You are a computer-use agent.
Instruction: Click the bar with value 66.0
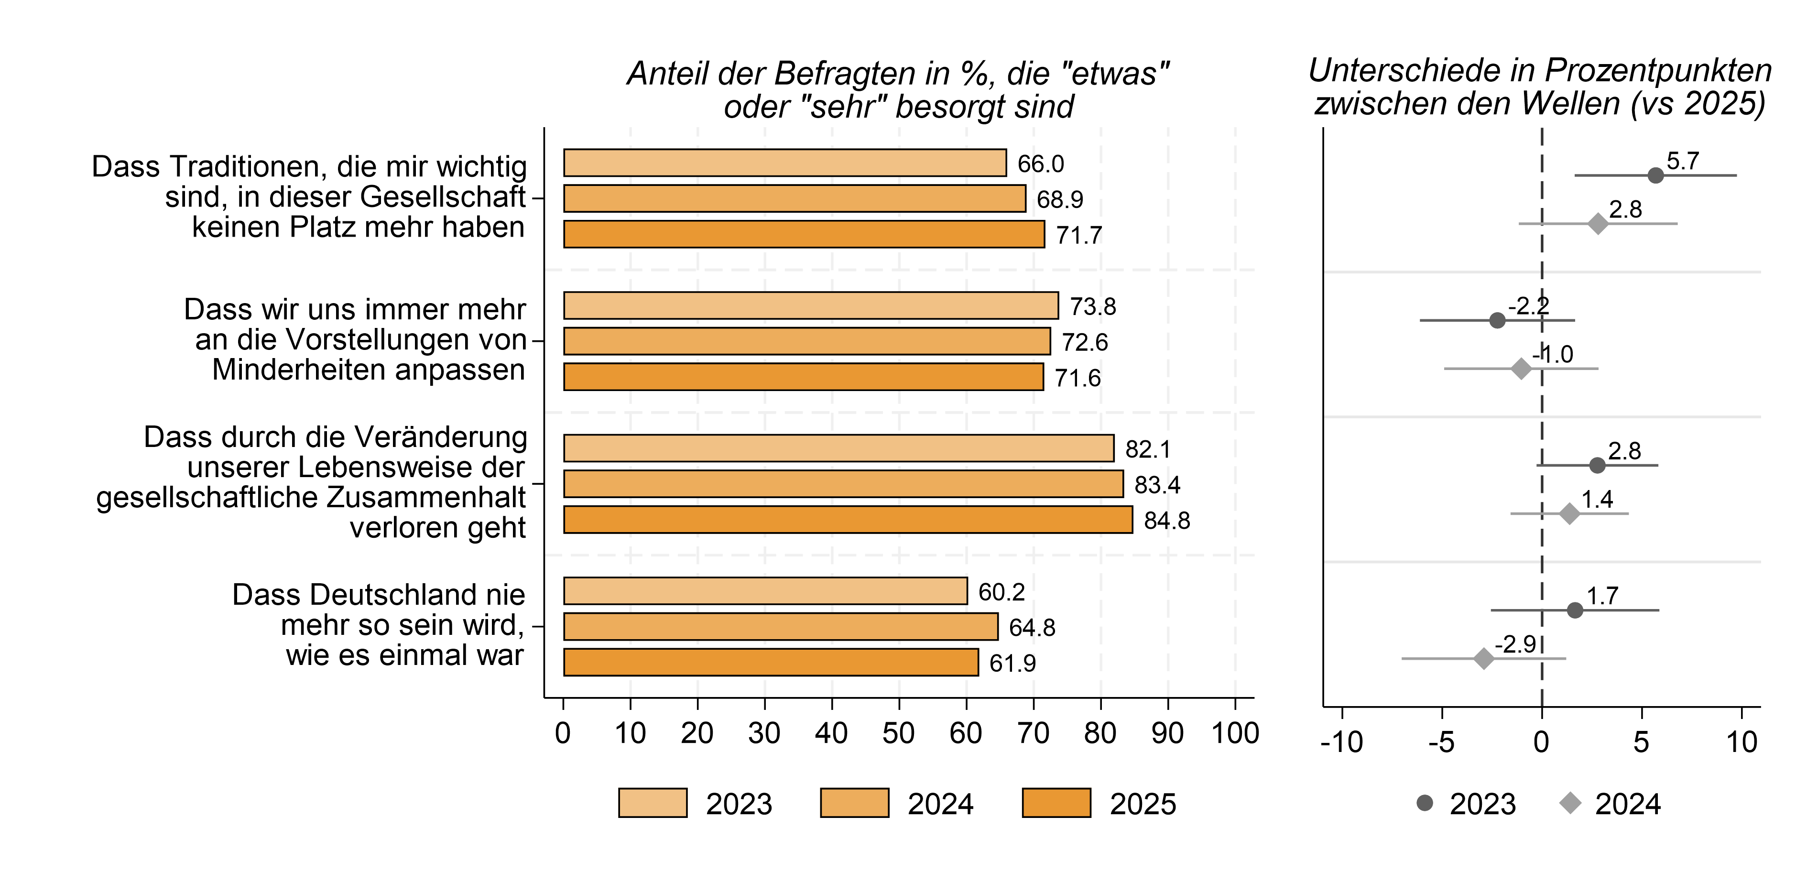[784, 163]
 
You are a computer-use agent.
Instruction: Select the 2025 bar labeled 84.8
[848, 520]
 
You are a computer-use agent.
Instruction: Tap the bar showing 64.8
[780, 626]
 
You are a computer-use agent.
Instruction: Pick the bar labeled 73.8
[810, 306]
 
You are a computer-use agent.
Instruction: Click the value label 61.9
[1012, 663]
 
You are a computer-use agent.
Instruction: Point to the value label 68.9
[1059, 200]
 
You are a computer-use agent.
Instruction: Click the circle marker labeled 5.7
[1655, 175]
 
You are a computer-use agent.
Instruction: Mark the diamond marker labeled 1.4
[1570, 513]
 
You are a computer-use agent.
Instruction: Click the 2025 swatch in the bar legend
[1056, 803]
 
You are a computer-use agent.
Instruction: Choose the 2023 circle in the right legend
[1425, 803]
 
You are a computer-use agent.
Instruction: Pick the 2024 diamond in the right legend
[1570, 803]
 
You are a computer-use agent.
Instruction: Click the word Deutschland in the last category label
[379, 595]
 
